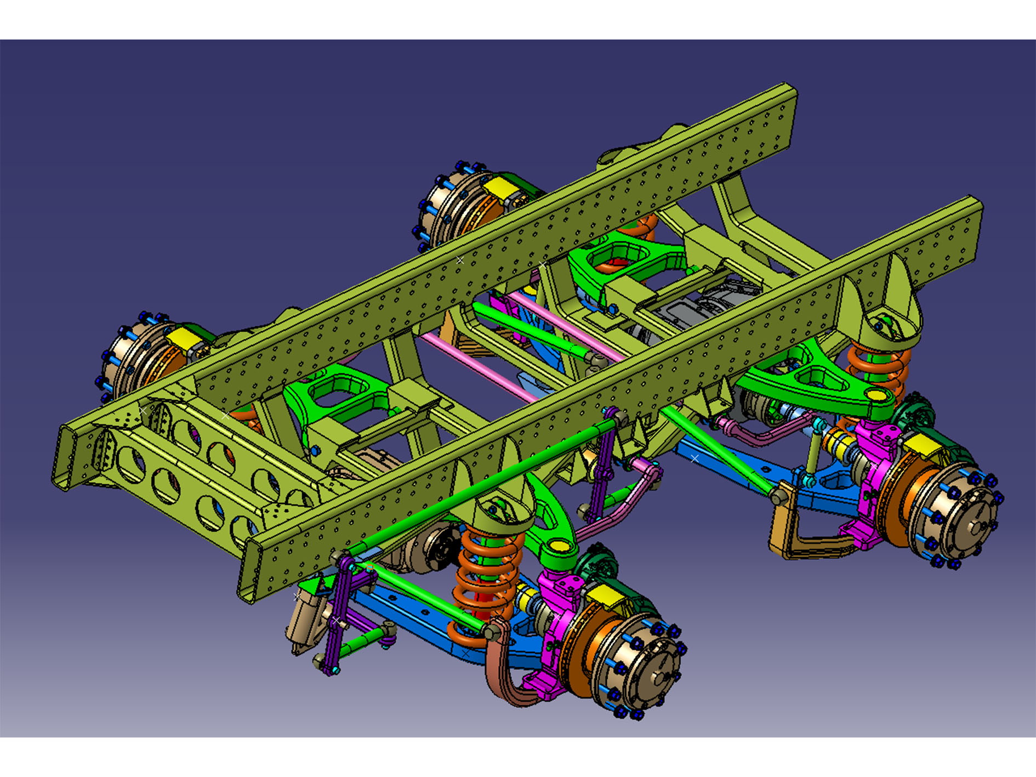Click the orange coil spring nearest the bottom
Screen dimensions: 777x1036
[482, 581]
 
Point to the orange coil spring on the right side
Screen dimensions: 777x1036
[877, 367]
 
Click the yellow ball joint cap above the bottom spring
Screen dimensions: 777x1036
[558, 547]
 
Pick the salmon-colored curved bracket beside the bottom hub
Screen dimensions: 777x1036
[502, 674]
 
